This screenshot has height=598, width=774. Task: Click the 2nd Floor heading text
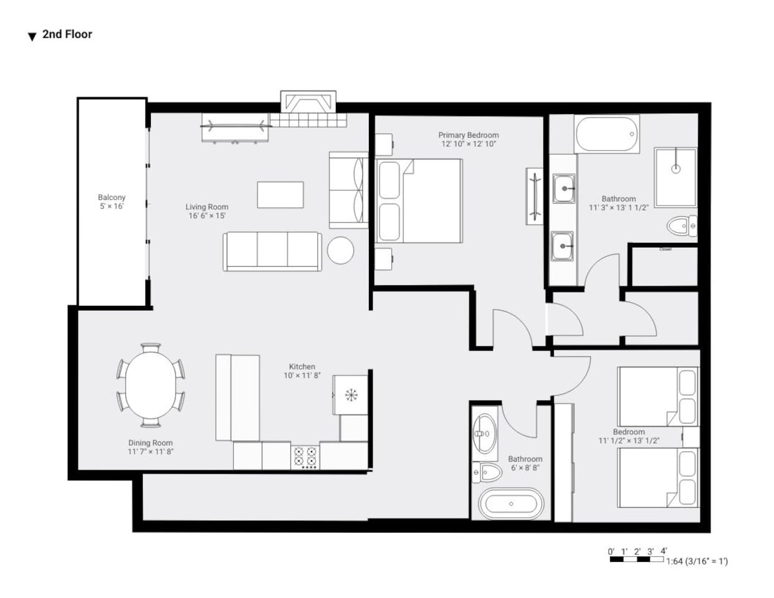67,34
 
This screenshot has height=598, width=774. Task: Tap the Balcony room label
112,197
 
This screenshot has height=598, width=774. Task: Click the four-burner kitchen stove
305,457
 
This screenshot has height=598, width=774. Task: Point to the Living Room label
207,207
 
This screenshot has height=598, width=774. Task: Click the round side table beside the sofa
340,250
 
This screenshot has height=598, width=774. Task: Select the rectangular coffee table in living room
280,194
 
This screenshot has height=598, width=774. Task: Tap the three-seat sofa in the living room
273,252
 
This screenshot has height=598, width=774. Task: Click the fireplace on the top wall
308,103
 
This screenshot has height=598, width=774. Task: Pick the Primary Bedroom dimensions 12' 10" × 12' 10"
468,144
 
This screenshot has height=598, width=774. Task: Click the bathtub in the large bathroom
607,135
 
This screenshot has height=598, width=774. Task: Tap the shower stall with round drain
676,178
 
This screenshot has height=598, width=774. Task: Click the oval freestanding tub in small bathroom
511,503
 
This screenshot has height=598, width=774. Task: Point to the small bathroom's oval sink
484,434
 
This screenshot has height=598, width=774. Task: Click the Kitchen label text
302,367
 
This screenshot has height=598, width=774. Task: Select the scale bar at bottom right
637,559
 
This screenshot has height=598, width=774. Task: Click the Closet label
666,249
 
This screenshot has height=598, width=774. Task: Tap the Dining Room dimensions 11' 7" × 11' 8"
150,452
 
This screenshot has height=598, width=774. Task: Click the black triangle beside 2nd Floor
32,37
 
